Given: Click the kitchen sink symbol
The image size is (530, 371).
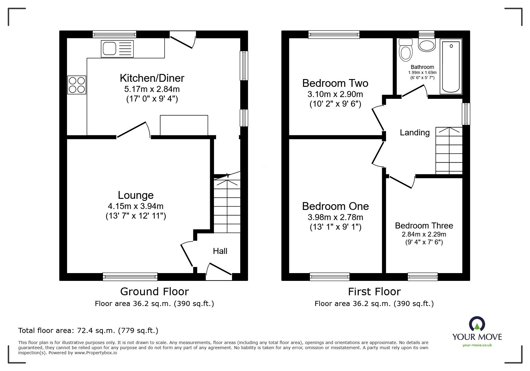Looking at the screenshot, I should [117, 49].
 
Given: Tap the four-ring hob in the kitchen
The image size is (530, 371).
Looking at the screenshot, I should [77, 85].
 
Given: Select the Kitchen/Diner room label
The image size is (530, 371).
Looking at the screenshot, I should [152, 78].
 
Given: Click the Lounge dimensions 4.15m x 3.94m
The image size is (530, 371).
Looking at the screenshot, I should [136, 206].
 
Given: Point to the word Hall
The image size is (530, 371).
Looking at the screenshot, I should [220, 251].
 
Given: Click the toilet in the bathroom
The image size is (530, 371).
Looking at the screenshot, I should [406, 50].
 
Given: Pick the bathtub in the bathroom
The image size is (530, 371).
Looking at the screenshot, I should [451, 66].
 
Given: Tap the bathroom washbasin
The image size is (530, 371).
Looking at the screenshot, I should [427, 46].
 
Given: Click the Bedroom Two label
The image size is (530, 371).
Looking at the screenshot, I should [335, 83].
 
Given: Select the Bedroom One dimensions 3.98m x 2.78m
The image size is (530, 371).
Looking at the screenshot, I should [335, 217].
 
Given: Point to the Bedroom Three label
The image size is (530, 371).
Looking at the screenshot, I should [424, 225].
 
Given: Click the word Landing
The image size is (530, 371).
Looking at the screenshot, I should [414, 132].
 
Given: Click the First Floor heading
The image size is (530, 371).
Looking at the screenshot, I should [374, 291].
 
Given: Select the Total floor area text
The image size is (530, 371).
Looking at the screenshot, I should [88, 331].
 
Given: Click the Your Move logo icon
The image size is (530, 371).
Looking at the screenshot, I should [477, 324].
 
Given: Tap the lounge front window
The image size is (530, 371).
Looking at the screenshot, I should [130, 276].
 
